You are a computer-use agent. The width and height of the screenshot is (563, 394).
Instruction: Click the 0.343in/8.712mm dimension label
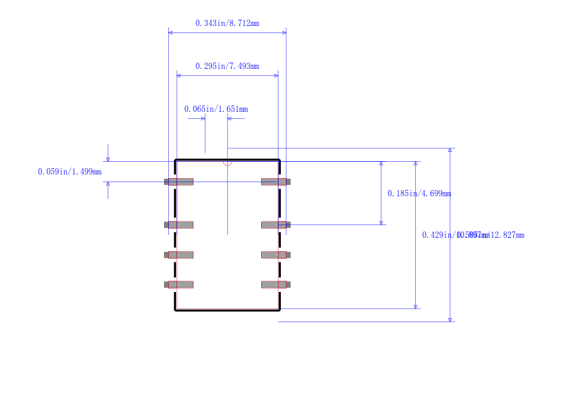pos(227,23)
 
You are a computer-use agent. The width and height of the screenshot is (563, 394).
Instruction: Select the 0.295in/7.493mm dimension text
pos(227,66)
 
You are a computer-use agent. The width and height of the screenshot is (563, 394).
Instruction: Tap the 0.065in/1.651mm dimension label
pos(215,109)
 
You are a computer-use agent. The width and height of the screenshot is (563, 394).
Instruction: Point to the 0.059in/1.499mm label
pos(69,172)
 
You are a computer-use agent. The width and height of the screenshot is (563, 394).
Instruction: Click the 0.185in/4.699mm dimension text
pos(419,193)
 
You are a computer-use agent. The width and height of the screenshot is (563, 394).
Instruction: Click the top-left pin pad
pos(179,182)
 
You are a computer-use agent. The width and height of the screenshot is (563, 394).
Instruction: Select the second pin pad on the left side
pos(179,224)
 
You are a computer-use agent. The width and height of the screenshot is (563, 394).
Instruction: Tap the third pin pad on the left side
pos(179,255)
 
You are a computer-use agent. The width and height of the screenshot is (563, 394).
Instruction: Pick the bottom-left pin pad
pos(179,284)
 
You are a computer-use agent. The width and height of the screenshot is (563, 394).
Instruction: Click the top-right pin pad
pos(275,182)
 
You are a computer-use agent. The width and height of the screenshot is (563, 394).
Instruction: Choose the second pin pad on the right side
pos(275,224)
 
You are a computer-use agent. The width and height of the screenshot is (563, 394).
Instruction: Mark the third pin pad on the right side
pos(275,255)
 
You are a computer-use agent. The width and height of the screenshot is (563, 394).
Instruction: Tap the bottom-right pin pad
pos(275,284)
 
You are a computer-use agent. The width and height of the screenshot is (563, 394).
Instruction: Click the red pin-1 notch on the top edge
pos(227,163)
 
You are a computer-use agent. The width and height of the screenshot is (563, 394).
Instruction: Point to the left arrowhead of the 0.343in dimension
pos(170,32)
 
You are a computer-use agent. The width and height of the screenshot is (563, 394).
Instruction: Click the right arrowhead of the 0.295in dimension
pos(276,75)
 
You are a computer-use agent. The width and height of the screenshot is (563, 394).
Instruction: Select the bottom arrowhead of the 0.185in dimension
pos(381,222)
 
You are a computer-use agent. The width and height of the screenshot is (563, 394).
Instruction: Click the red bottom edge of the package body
pos(227,308)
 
